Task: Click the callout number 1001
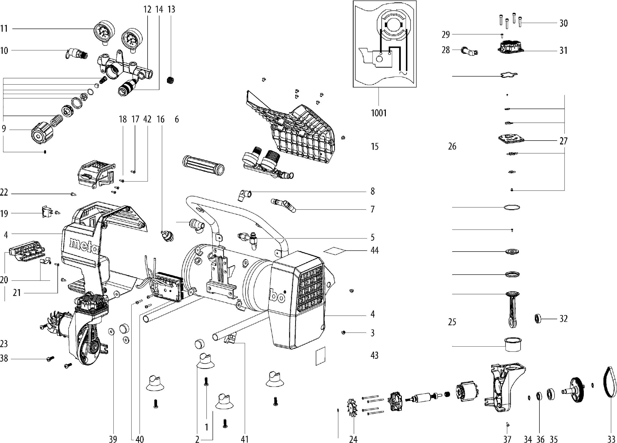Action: pos(379,113)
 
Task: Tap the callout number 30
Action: pos(563,24)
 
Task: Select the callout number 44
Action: pos(374,250)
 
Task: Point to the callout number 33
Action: pos(611,439)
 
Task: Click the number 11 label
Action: pos(4,28)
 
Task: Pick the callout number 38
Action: pos(4,359)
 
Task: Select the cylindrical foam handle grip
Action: pos(203,165)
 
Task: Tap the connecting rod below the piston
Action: pos(512,312)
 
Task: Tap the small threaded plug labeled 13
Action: pos(170,80)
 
